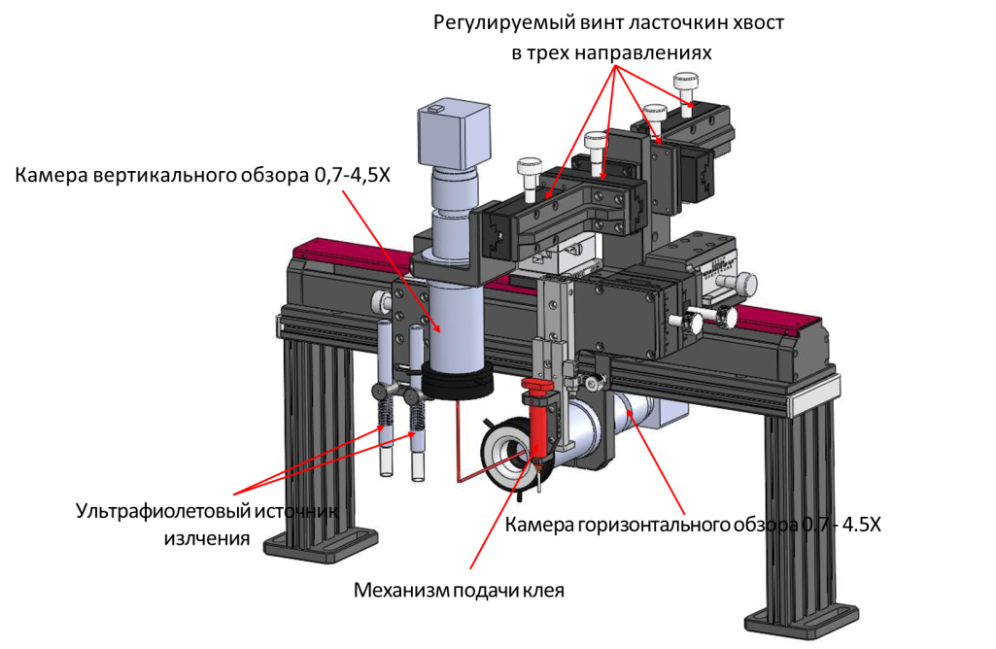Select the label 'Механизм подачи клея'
point(459,590)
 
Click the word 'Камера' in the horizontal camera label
point(540,526)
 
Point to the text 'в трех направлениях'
point(611,53)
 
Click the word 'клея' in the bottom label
point(544,590)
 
